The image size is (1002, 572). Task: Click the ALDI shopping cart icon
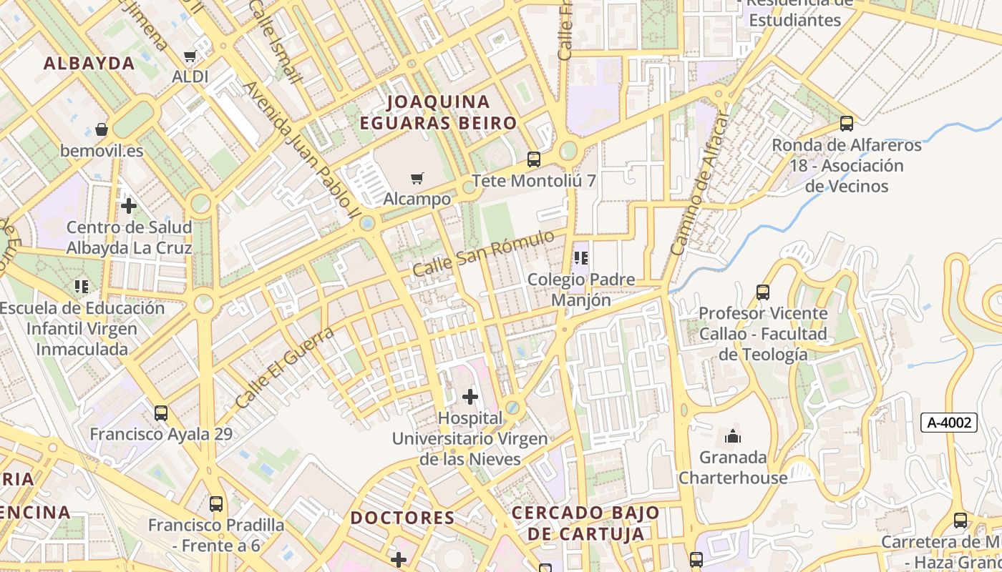[190, 56]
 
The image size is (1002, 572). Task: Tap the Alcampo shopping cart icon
[417, 178]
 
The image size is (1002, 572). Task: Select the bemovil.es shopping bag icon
[102, 129]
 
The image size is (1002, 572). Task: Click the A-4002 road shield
[949, 423]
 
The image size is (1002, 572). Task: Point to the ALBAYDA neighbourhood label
[89, 63]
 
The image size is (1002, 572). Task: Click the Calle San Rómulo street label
[484, 253]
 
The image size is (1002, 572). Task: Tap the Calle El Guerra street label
[285, 368]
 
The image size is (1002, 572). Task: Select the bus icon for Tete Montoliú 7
[533, 159]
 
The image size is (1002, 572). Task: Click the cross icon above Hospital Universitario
[470, 396]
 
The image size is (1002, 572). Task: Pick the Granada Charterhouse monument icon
[733, 435]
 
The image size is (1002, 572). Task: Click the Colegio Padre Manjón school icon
[581, 257]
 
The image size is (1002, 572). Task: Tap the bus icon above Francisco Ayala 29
[161, 413]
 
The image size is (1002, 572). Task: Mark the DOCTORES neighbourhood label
[402, 518]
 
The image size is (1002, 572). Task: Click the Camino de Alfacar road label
[699, 186]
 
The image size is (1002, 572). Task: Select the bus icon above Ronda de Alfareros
[847, 124]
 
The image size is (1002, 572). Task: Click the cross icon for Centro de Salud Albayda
[129, 206]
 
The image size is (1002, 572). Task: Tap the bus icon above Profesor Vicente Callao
[763, 292]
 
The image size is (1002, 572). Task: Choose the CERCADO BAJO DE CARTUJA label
[585, 523]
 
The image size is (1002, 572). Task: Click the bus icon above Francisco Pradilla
[216, 503]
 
